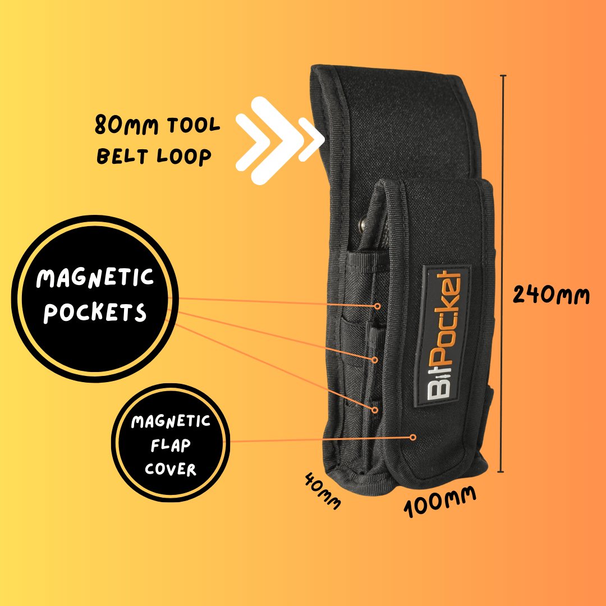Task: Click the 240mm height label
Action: [x=552, y=294]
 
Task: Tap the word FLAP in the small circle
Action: [x=170, y=446]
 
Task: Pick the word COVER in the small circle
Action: [x=171, y=469]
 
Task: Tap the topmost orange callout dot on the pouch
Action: [x=378, y=306]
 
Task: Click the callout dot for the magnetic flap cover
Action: [x=413, y=437]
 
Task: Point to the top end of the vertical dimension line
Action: [x=503, y=76]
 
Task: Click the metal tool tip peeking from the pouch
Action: [x=364, y=223]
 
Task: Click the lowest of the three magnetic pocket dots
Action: [x=375, y=410]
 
